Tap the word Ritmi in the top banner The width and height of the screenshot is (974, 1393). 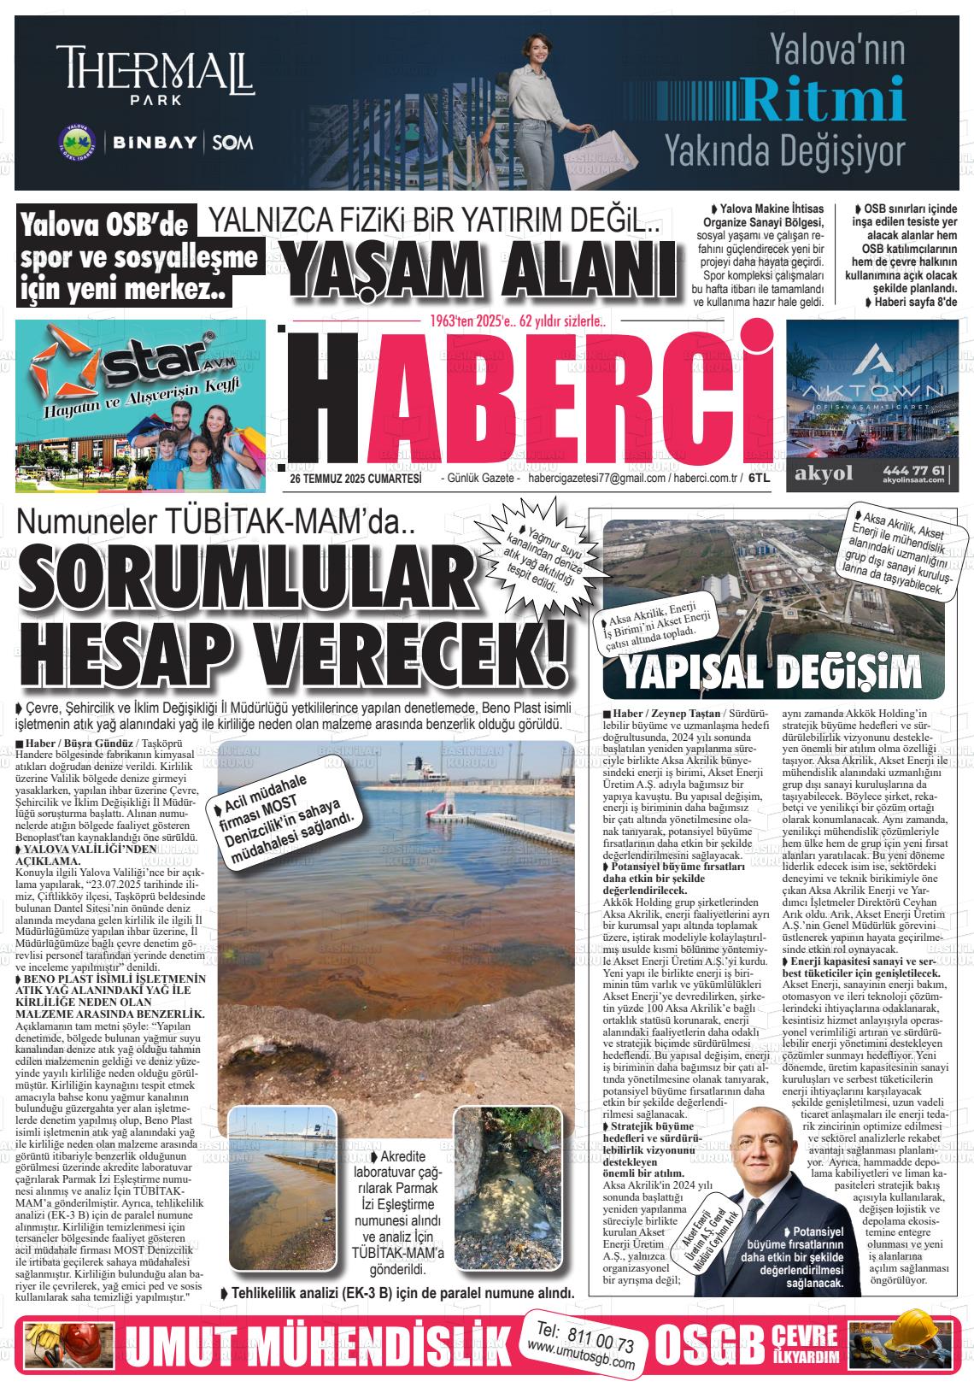[823, 100]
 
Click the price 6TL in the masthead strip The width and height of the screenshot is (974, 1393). [759, 479]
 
